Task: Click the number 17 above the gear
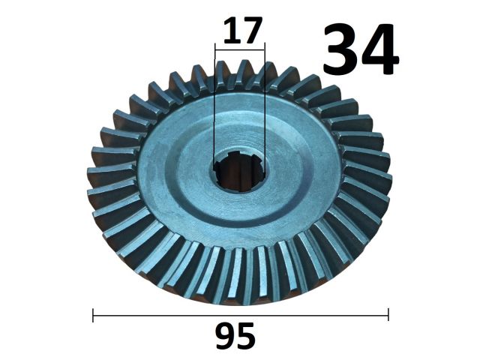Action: click(x=243, y=31)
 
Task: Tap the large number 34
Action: click(x=361, y=49)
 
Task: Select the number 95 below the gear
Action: click(x=235, y=336)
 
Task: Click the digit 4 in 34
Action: click(x=379, y=49)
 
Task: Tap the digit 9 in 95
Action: click(x=226, y=336)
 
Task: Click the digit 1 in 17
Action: click(x=231, y=31)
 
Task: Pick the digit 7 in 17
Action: click(x=252, y=31)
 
